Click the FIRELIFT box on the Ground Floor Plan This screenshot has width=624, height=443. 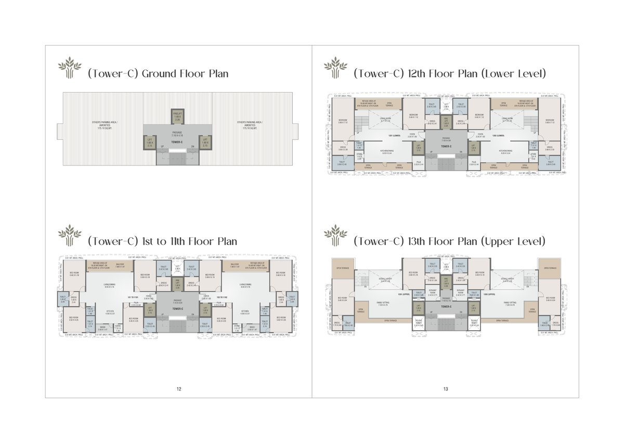(177, 117)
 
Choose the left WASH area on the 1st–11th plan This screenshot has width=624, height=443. (103, 329)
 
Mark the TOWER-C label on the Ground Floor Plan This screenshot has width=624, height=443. (177, 141)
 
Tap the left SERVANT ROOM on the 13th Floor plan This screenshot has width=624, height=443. (432, 294)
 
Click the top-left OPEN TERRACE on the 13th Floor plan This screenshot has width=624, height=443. (342, 268)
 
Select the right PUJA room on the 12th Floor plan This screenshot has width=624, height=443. (474, 163)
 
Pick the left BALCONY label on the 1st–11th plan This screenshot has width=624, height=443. (121, 265)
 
